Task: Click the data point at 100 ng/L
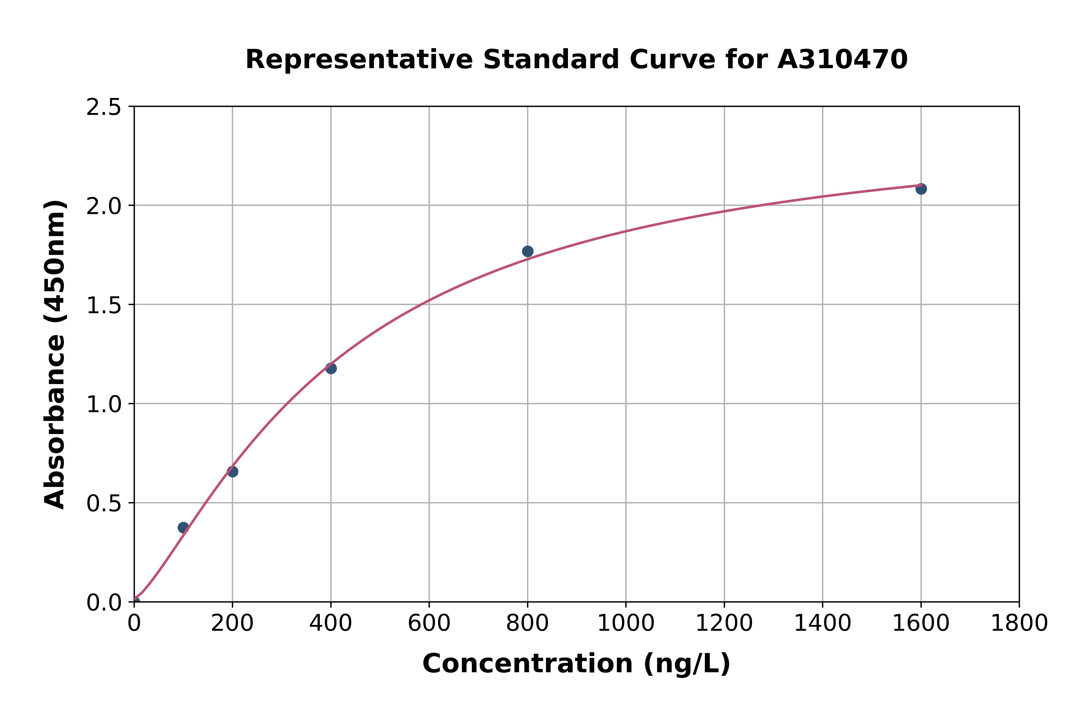183,527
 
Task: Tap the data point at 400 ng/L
331,369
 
